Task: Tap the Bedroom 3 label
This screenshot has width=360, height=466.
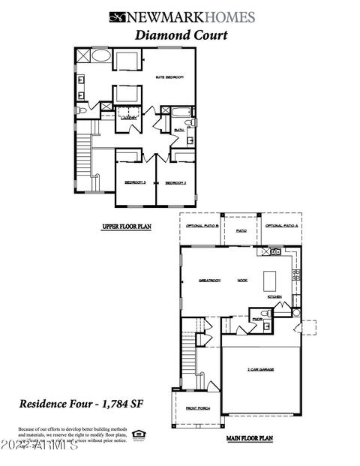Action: click(x=135, y=182)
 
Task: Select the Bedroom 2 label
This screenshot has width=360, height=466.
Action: click(x=175, y=182)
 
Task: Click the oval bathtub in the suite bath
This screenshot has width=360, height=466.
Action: click(x=100, y=56)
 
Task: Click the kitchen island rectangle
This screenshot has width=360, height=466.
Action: click(x=270, y=281)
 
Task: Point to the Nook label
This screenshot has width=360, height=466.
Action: click(x=242, y=280)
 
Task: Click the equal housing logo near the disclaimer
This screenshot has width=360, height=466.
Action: click(x=138, y=434)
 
